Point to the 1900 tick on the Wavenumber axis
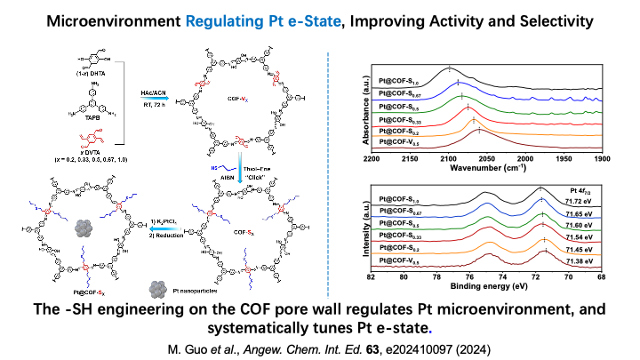tap(602, 157)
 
